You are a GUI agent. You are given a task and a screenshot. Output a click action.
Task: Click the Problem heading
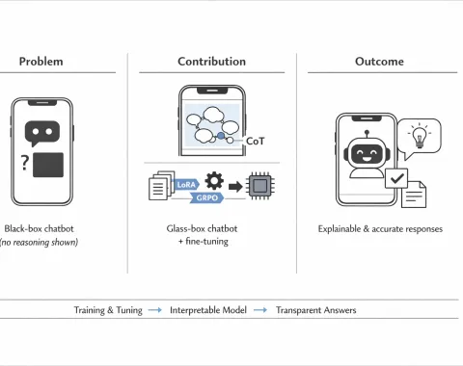41,62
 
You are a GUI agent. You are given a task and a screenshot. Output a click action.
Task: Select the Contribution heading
211,62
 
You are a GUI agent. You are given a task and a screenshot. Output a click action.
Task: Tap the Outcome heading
379,62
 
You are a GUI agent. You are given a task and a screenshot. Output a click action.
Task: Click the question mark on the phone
25,163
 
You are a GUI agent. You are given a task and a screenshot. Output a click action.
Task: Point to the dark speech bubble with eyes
41,133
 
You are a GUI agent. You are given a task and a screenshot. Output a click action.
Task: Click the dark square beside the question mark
48,165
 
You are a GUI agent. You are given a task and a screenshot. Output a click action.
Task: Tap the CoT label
255,141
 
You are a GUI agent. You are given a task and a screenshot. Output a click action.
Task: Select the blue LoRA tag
186,185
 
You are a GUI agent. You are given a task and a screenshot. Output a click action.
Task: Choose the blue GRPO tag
207,197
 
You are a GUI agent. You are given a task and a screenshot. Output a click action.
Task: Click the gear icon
214,181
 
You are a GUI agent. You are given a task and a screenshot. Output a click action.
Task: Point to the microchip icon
260,186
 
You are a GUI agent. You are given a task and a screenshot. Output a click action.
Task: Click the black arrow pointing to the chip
235,186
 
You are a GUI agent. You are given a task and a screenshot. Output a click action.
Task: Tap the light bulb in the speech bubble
420,136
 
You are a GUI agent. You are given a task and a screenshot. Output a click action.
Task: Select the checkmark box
396,178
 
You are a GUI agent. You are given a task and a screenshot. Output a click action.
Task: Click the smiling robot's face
367,153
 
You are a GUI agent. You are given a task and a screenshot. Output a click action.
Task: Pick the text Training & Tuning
108,310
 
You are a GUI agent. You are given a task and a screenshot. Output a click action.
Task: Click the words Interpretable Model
208,310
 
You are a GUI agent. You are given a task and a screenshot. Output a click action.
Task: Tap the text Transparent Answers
316,310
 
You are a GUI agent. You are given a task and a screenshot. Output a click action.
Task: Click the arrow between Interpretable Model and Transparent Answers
260,310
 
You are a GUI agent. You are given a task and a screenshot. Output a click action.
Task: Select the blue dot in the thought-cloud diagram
221,136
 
